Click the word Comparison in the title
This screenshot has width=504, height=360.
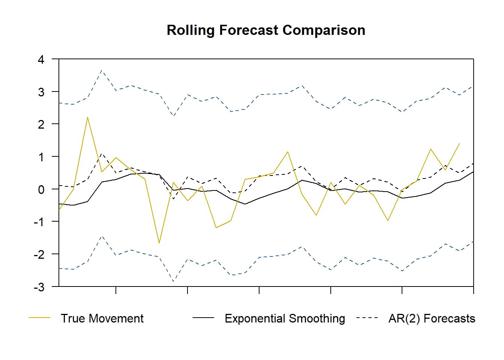click(324, 30)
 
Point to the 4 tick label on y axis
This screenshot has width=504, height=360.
click(41, 59)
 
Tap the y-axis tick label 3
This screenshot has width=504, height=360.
click(41, 92)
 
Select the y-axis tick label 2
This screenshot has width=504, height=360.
click(41, 124)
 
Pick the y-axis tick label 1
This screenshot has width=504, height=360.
click(41, 157)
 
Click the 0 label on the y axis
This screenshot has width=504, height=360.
click(41, 189)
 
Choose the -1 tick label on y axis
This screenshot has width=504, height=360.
click(39, 222)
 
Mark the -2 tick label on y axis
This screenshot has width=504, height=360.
click(39, 254)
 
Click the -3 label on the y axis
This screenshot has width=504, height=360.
click(39, 287)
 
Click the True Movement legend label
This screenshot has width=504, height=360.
click(102, 318)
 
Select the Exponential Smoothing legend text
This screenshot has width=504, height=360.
click(285, 318)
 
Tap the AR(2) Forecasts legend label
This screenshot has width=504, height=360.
click(432, 318)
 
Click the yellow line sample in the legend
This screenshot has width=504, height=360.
click(39, 318)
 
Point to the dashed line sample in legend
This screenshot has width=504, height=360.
click(367, 318)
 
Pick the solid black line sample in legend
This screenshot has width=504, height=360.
click(203, 318)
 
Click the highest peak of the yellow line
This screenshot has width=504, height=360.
click(87, 117)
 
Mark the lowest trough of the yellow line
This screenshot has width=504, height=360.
click(159, 243)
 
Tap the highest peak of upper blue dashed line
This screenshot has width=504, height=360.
click(102, 70)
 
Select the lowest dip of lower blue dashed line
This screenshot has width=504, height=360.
click(173, 281)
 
